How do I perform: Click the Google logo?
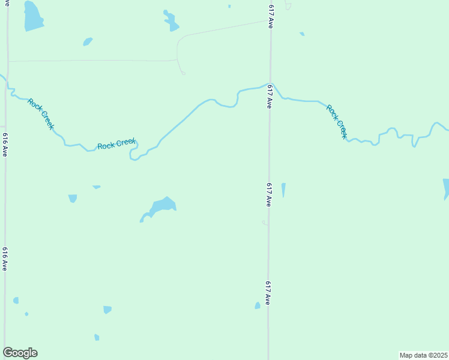20,353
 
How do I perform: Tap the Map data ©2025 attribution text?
423,355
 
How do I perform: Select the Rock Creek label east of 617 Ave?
337,122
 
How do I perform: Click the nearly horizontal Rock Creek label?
116,144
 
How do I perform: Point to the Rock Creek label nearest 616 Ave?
41,114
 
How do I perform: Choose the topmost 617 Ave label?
271,14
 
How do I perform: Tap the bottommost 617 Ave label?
267,292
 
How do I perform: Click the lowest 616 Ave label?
5,259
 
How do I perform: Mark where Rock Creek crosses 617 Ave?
271,85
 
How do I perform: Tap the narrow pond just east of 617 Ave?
283,190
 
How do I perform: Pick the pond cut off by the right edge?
446,187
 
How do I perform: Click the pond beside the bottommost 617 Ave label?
258,305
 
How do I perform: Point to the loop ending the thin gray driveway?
183,73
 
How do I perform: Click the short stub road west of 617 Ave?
264,223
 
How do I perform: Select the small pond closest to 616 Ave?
16,300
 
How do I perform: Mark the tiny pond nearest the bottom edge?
97,337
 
